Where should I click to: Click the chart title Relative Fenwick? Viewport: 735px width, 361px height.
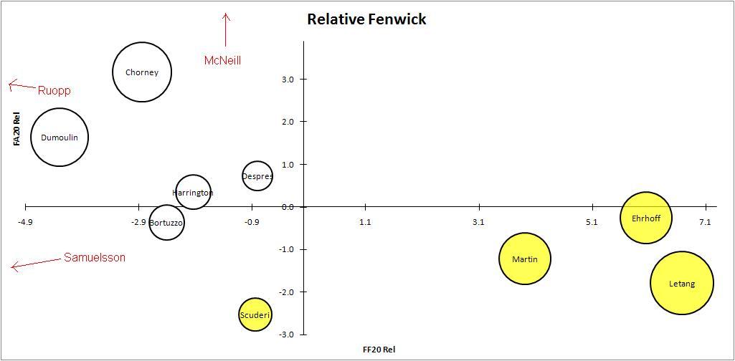pyautogui.click(x=366, y=19)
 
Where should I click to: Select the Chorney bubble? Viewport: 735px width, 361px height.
pyautogui.click(x=142, y=72)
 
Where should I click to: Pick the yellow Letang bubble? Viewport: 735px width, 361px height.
pyautogui.click(x=681, y=283)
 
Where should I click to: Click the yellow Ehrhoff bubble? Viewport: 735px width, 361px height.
pyautogui.click(x=646, y=218)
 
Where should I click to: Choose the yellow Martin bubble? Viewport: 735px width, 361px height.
pyautogui.click(x=525, y=259)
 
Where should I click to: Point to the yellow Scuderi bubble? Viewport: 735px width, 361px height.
pyautogui.click(x=255, y=314)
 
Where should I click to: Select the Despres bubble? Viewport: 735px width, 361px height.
pyautogui.click(x=257, y=175)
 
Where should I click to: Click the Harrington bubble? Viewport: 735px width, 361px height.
pyautogui.click(x=193, y=192)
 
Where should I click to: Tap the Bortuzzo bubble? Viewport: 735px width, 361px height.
pyautogui.click(x=166, y=223)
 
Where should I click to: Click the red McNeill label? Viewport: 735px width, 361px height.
pyautogui.click(x=222, y=61)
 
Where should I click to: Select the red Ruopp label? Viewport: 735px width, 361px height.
pyautogui.click(x=54, y=90)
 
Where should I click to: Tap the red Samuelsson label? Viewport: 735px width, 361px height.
pyautogui.click(x=95, y=257)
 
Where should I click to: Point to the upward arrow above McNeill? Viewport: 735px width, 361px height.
pyautogui.click(x=226, y=29)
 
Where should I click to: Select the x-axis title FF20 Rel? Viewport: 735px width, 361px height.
pyautogui.click(x=379, y=350)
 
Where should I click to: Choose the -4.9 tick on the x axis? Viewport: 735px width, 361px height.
pyautogui.click(x=25, y=222)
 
